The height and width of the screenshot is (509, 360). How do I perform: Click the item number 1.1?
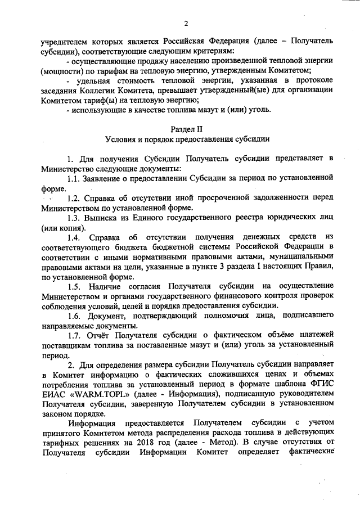tap(74, 178)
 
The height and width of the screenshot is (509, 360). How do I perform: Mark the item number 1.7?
tap(74, 336)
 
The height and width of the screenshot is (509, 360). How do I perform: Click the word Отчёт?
tap(101, 336)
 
